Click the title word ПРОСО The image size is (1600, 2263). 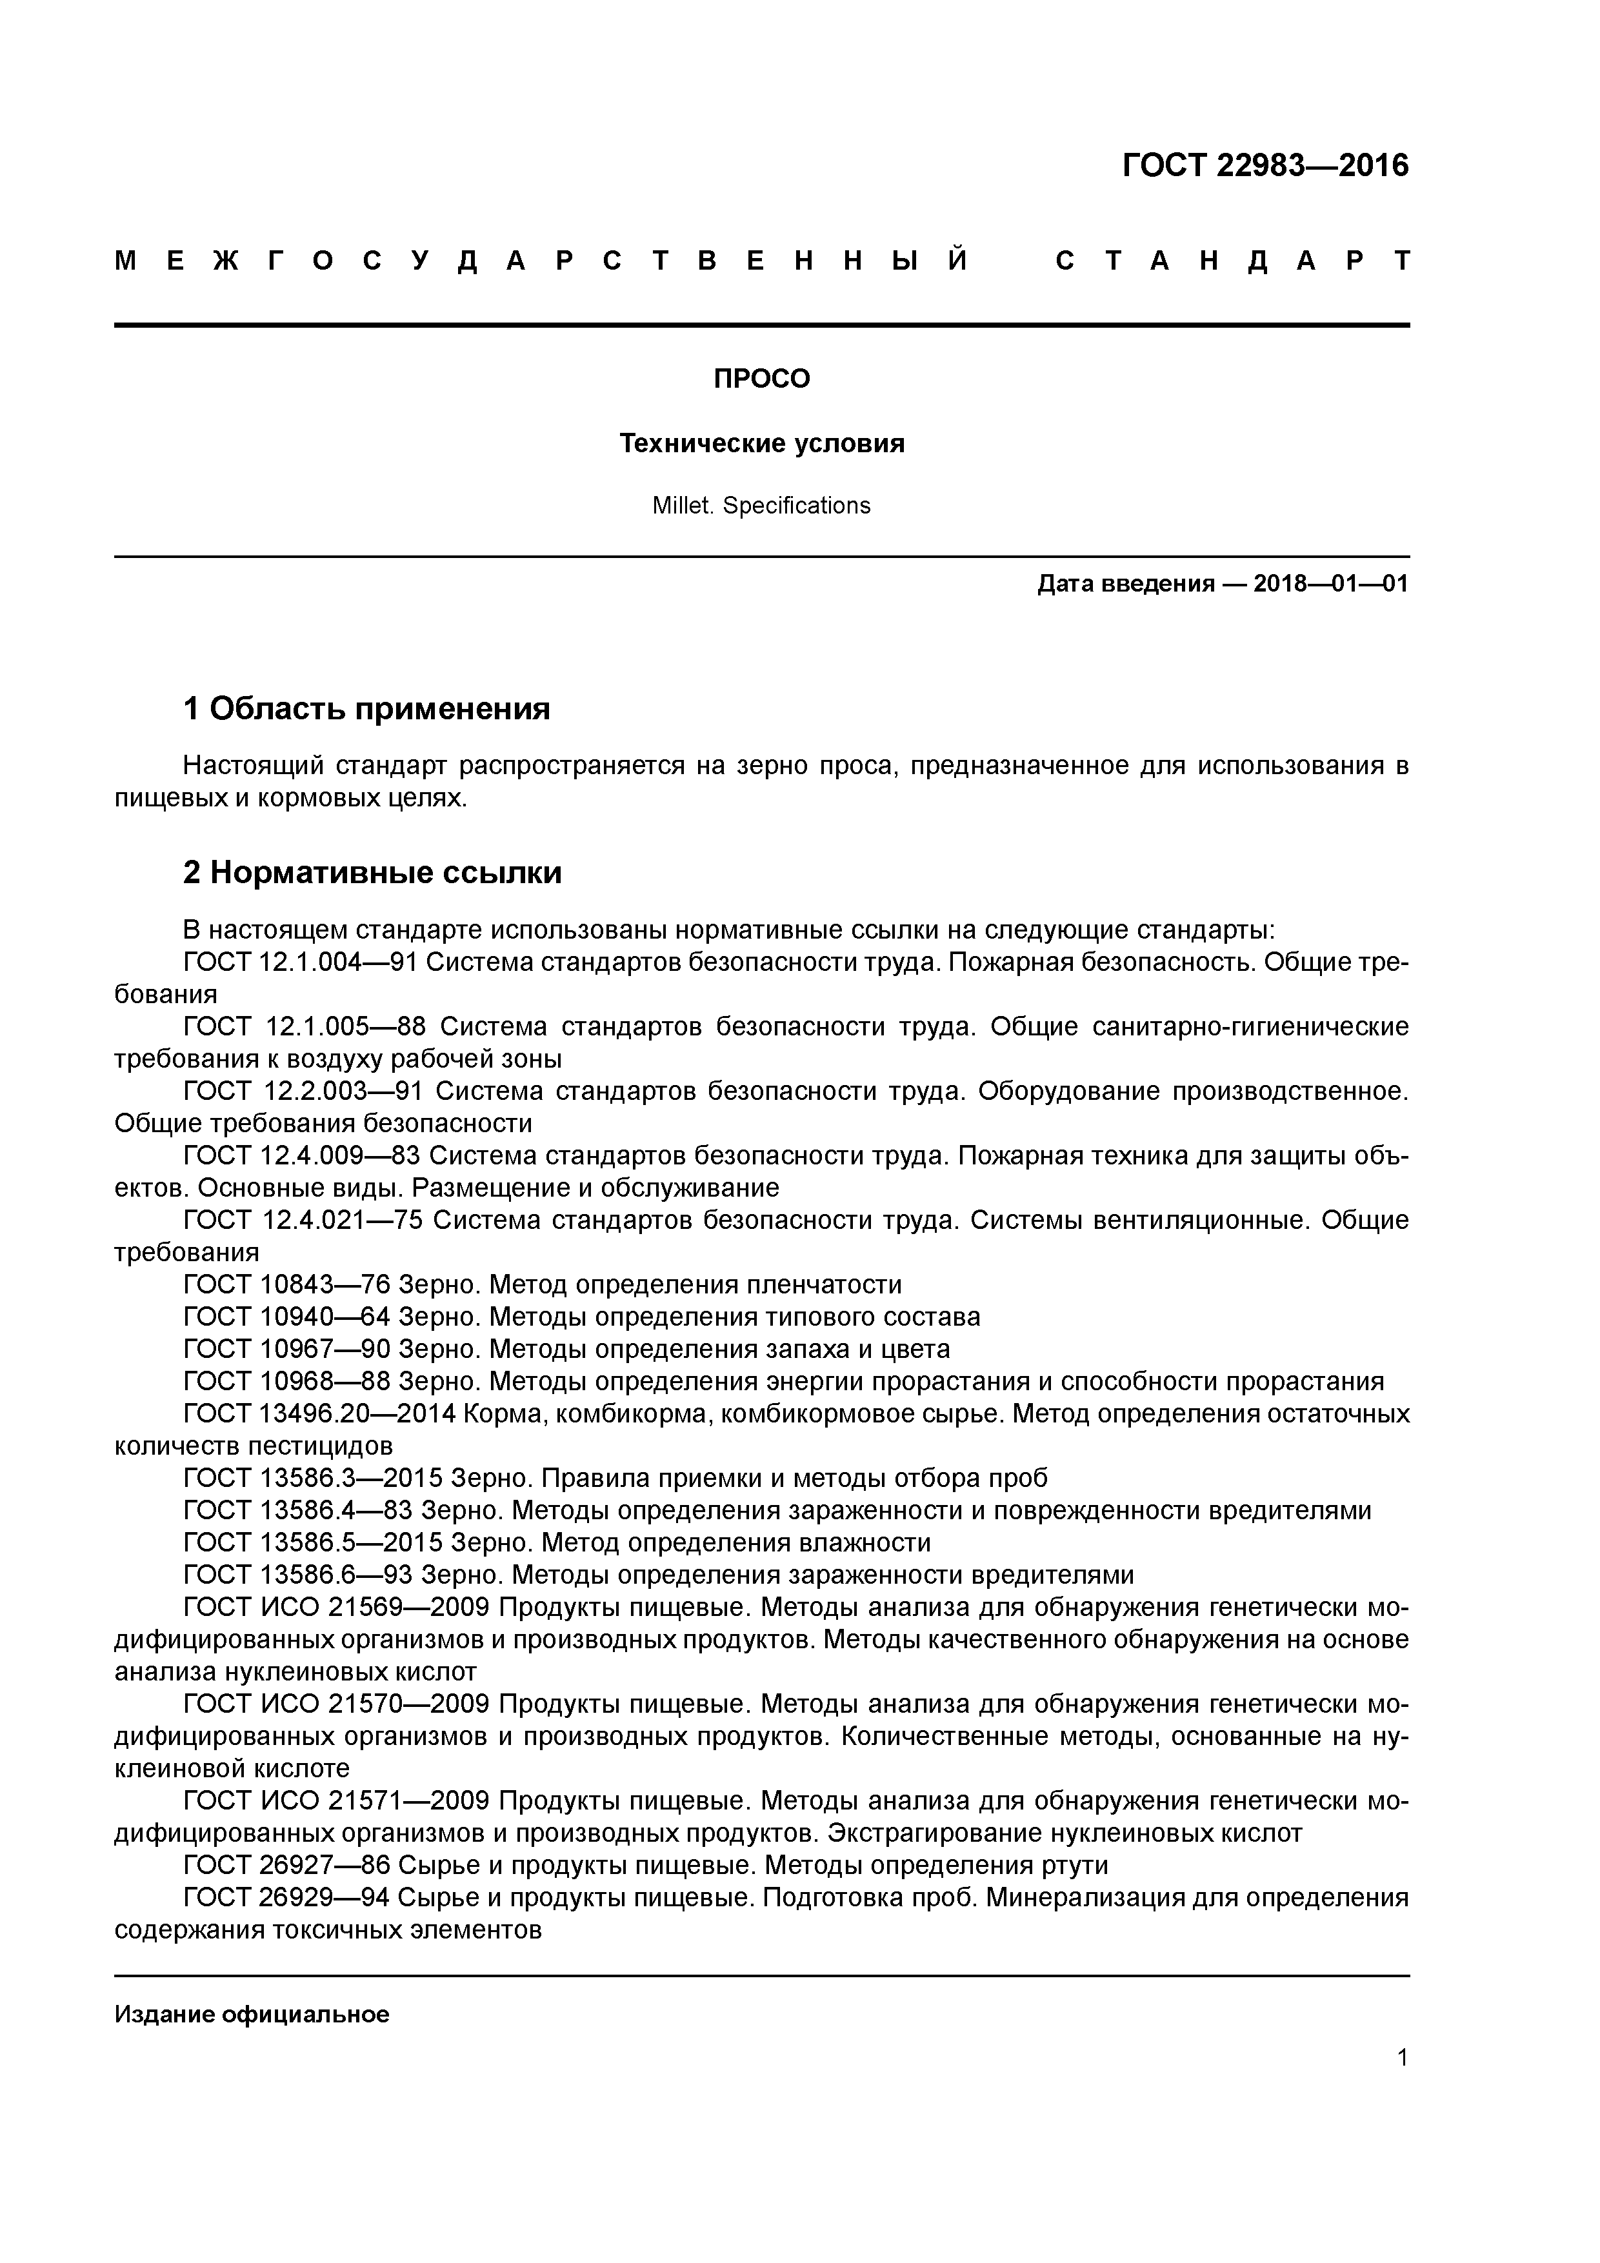tap(761, 379)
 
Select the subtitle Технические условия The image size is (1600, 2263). tap(761, 444)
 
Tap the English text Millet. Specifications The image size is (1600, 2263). tap(761, 506)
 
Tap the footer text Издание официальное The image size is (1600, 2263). tap(252, 2015)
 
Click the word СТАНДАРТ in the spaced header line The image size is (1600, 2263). tap(1232, 261)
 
